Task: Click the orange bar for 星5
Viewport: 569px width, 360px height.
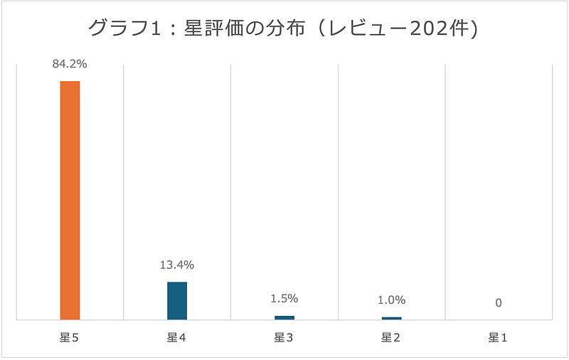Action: coord(70,200)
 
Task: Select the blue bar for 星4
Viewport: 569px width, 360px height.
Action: coord(177,300)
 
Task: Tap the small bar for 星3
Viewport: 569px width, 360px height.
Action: coord(284,317)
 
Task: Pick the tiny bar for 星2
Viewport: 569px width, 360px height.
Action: coord(392,318)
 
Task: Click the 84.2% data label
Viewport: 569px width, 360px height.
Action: coord(70,64)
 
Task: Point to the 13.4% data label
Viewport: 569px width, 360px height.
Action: coord(177,265)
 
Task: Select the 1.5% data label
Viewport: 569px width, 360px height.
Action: coord(284,299)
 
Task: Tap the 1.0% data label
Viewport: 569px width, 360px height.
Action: coord(392,300)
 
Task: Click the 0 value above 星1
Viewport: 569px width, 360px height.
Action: coord(499,303)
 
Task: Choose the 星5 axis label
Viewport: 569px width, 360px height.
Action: coord(69,338)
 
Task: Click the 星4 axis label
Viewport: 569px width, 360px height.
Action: coord(177,338)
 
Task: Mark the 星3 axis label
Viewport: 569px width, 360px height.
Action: coord(284,338)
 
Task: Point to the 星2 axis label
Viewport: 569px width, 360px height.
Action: coord(391,338)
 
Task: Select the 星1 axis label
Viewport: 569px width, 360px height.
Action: coord(499,338)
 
